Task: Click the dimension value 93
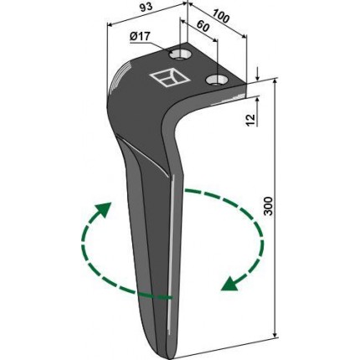pyautogui.click(x=147, y=7)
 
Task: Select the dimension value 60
pyautogui.click(x=203, y=27)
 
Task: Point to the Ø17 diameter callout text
pyautogui.click(x=140, y=37)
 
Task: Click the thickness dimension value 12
pyautogui.click(x=251, y=120)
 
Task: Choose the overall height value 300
pyautogui.click(x=268, y=206)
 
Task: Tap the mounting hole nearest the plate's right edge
pyautogui.click(x=215, y=80)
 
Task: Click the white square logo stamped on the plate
pyautogui.click(x=170, y=78)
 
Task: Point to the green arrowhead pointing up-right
pyautogui.click(x=104, y=209)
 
